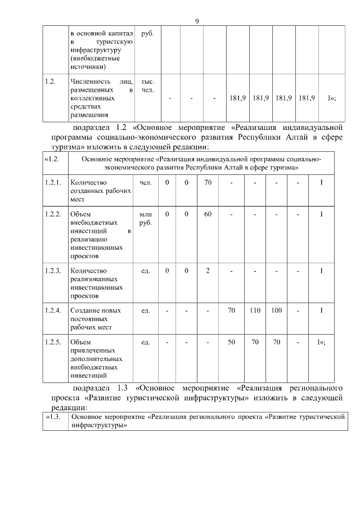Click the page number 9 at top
coord(196,21)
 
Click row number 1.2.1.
coord(52,183)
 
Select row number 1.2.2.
coord(52,214)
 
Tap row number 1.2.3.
coord(52,271)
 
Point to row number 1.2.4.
coord(52,310)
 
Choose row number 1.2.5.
coord(52,341)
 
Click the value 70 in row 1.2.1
coord(208,183)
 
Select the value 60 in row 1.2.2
coord(208,214)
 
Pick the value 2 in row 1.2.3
coord(208,271)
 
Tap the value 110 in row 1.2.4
coord(255,310)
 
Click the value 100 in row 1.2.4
coord(276,310)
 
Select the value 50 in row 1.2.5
coord(231,341)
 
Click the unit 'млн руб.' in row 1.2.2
coord(145,218)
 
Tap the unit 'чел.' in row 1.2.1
coord(145,183)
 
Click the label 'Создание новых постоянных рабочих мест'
coord(96,318)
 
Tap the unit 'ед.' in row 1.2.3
coord(145,271)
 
